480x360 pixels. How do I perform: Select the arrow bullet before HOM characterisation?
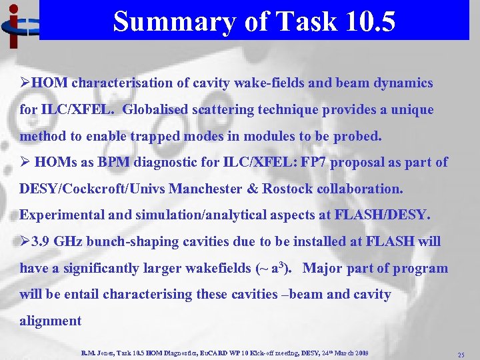tap(25, 84)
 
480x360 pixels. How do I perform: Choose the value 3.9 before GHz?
tap(40, 241)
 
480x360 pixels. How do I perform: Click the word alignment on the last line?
tap(51, 321)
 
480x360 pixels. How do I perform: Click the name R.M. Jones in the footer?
tap(98, 352)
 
